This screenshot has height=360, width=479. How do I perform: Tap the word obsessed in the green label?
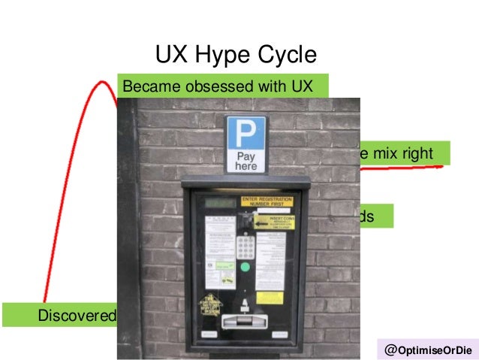(x=216, y=86)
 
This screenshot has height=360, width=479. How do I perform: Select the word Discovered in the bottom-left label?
(x=77, y=314)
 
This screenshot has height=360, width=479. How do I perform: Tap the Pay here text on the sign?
(x=246, y=161)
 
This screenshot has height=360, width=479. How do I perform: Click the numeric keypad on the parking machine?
(x=245, y=245)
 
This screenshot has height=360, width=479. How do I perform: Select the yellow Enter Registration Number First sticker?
(x=267, y=201)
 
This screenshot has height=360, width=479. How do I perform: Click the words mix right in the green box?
(x=403, y=153)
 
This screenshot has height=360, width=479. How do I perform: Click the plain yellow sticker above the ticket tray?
(x=269, y=298)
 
